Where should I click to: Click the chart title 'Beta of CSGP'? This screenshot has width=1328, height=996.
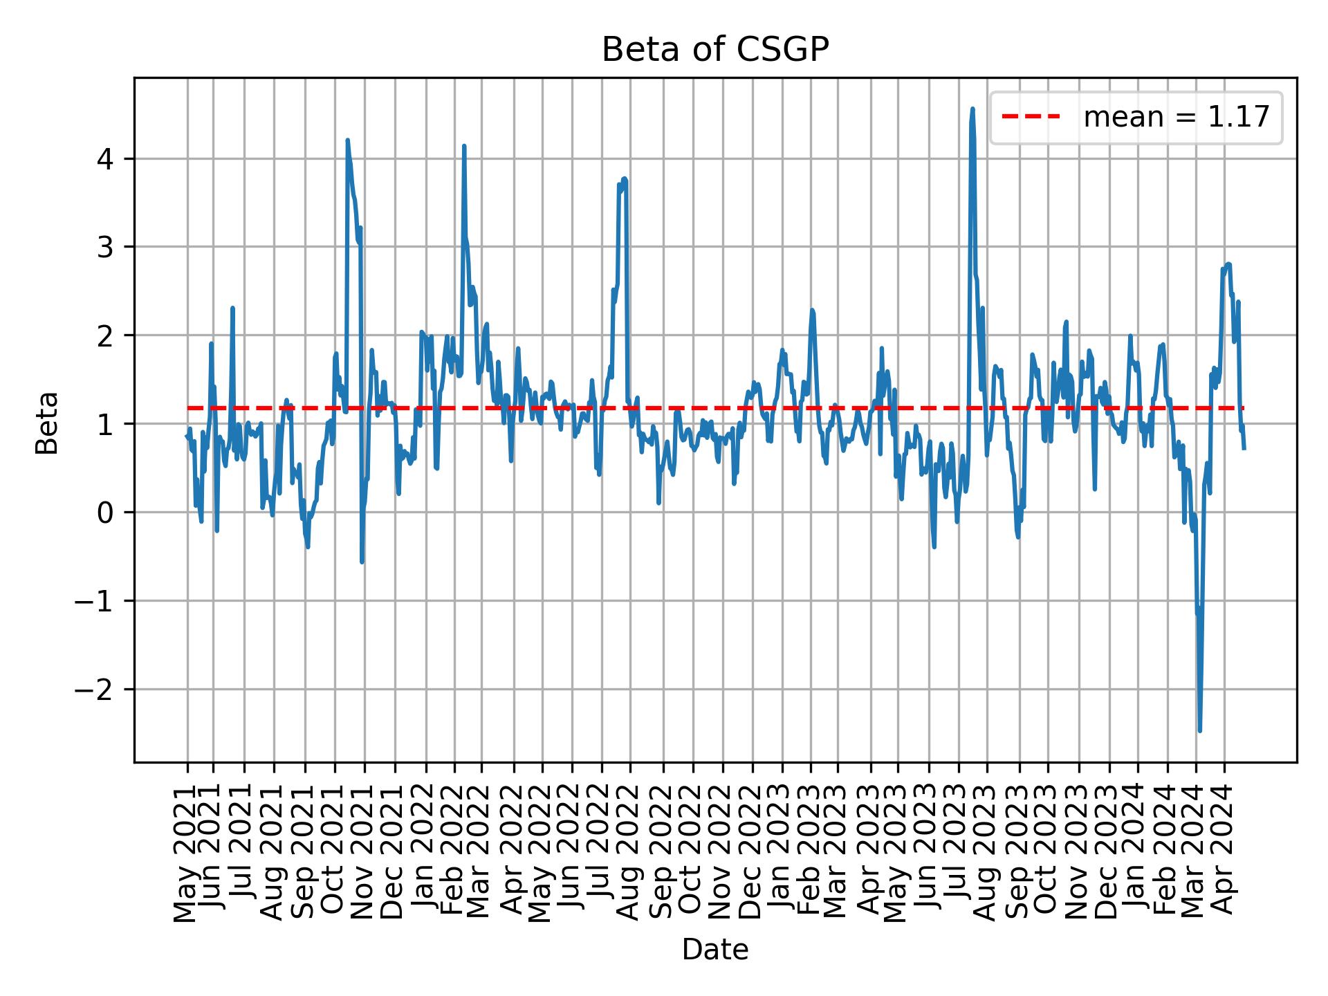point(714,50)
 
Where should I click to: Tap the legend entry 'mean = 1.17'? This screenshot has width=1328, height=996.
point(1176,118)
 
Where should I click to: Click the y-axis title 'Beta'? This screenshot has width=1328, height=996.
point(47,423)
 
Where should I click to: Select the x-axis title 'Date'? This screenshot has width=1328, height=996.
point(714,950)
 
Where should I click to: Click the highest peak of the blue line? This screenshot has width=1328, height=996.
point(972,109)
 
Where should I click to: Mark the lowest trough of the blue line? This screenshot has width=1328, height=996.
point(1199,730)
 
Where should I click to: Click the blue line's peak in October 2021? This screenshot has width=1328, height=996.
point(347,140)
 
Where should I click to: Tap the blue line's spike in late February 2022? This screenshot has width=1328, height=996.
point(464,146)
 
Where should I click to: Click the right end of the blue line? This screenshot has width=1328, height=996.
point(1244,449)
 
